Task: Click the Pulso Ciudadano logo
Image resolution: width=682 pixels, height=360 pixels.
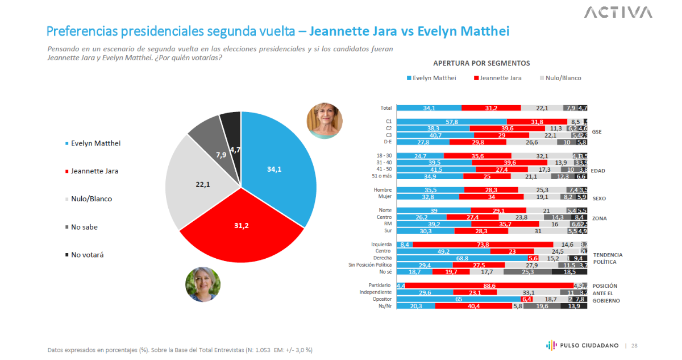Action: (x=583, y=345)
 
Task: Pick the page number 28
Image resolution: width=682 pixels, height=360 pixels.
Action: (x=634, y=345)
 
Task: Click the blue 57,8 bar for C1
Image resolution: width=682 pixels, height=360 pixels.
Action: (x=451, y=122)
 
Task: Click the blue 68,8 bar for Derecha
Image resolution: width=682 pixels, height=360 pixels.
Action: (x=461, y=258)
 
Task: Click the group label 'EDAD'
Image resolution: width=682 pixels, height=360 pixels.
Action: (x=598, y=170)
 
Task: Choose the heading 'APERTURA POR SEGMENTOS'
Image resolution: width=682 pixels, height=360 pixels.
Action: (x=481, y=63)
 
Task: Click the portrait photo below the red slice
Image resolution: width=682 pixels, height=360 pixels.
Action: (x=203, y=284)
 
